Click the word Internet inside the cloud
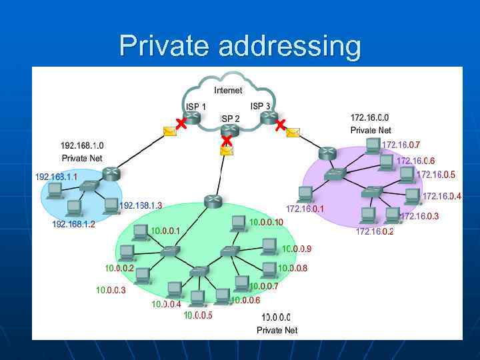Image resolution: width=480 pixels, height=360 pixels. [x=228, y=90]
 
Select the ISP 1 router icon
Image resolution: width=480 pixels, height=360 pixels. [x=192, y=117]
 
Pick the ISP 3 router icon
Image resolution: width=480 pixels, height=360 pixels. [x=269, y=117]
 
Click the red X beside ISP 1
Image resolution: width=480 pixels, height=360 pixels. [x=180, y=123]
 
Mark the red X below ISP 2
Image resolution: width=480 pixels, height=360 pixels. [x=227, y=141]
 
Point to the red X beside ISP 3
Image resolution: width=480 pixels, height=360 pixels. [x=281, y=124]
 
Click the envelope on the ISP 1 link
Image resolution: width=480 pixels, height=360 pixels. [x=170, y=132]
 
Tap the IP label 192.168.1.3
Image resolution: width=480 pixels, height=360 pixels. [x=141, y=205]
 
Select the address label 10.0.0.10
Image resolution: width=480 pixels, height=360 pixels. [x=266, y=222]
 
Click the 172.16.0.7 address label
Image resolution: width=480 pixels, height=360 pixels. [x=401, y=145]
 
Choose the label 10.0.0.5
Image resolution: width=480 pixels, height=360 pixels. [x=198, y=315]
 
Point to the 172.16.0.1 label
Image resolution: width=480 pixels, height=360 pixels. [x=305, y=209]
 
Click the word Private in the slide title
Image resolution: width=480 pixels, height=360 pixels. [x=164, y=47]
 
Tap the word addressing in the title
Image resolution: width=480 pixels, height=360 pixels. [x=289, y=47]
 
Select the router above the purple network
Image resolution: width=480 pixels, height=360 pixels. [x=327, y=153]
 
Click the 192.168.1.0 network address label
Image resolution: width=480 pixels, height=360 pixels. [x=82, y=145]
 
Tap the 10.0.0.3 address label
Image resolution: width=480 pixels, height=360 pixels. [x=111, y=290]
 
